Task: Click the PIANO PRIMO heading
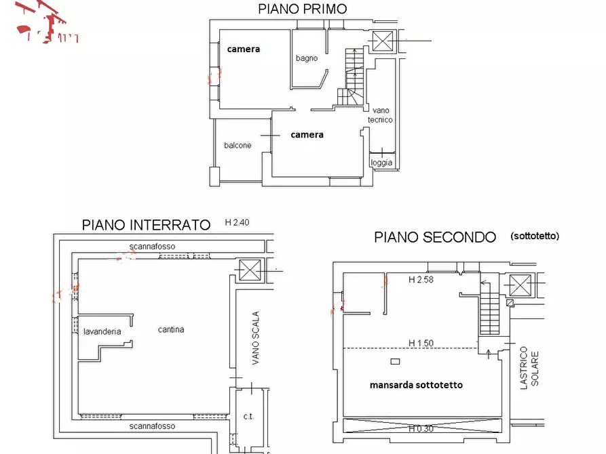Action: [x=302, y=9]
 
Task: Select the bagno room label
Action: [x=306, y=58]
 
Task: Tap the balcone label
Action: [x=238, y=146]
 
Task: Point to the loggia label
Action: [x=381, y=163]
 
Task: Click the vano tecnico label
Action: [x=380, y=115]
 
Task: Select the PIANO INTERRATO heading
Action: [x=147, y=225]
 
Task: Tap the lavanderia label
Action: [x=102, y=331]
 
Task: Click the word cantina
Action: [x=171, y=330]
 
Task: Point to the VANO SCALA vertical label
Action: [x=256, y=338]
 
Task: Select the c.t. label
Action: [x=248, y=416]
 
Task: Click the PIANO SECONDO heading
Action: [x=435, y=237]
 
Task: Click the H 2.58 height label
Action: [x=421, y=279]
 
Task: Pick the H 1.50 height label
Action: [x=421, y=343]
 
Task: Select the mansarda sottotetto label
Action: [x=416, y=384]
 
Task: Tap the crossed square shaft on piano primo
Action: [x=382, y=41]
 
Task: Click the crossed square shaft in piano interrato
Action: [x=249, y=270]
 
